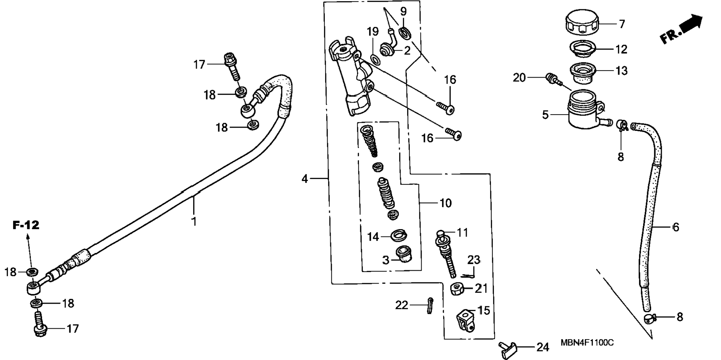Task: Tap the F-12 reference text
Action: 26,225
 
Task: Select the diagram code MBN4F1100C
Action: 587,342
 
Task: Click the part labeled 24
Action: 508,350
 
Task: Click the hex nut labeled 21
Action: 457,288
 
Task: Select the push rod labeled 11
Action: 445,254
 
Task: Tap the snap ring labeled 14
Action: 399,235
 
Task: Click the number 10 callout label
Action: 445,203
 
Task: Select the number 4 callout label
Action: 305,179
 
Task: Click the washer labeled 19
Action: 375,59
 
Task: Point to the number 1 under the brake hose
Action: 194,222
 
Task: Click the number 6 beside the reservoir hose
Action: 676,227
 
